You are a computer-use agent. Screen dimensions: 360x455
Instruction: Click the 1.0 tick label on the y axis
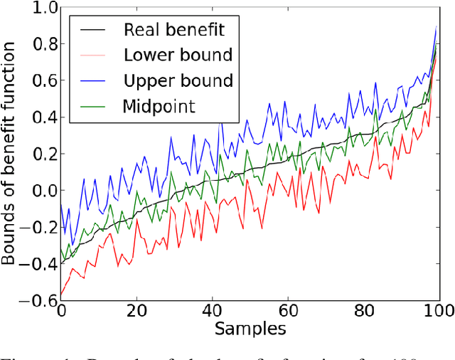[x=39, y=9]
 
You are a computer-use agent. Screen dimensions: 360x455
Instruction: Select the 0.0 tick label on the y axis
[x=39, y=190]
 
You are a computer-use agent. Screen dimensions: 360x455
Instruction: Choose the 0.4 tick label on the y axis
[x=39, y=117]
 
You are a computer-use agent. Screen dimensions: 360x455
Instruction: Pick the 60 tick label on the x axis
[x=288, y=312]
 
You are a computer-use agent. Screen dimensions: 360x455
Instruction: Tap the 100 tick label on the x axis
[x=439, y=312]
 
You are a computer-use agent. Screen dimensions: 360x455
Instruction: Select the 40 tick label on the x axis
[x=212, y=312]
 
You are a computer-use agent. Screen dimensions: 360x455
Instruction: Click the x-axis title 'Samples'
[x=250, y=329]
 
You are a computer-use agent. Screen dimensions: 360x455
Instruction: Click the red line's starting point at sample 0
[x=61, y=295]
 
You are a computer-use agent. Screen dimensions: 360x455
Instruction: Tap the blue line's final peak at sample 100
[x=437, y=26]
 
